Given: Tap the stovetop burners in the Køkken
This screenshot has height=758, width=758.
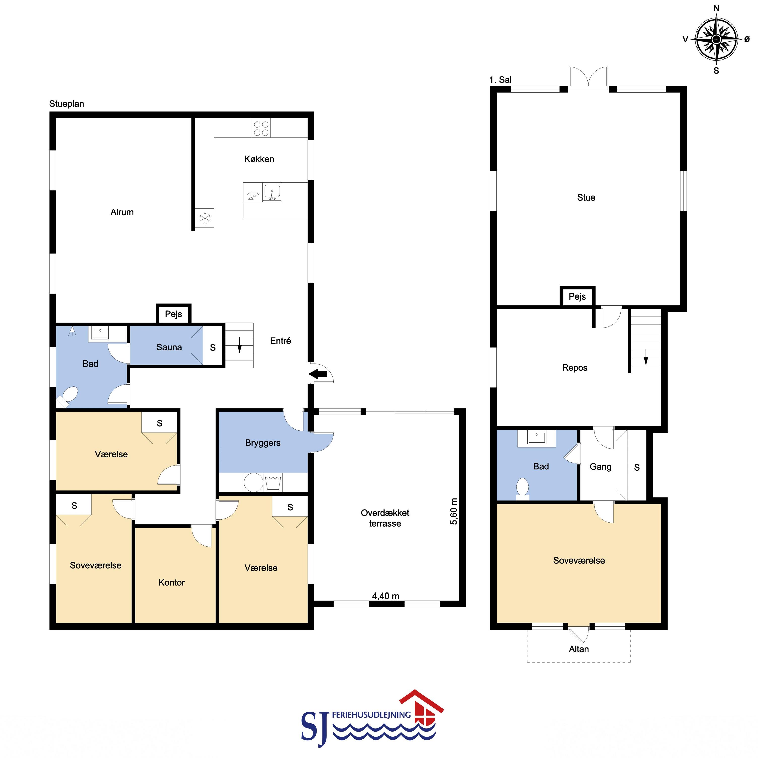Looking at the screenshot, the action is pyautogui.click(x=261, y=128).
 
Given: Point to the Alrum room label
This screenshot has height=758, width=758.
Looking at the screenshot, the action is pyautogui.click(x=122, y=212).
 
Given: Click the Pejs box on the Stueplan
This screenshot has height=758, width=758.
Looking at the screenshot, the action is pyautogui.click(x=173, y=314).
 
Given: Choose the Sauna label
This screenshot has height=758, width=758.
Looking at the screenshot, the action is pyautogui.click(x=169, y=347).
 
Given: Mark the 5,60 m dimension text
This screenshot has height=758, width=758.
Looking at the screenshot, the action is pyautogui.click(x=454, y=511).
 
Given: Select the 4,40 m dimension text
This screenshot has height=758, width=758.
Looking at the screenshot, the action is pyautogui.click(x=386, y=596).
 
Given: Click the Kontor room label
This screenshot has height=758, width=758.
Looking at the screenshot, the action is pyautogui.click(x=172, y=583).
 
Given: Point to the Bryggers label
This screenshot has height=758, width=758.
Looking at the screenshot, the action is pyautogui.click(x=263, y=443).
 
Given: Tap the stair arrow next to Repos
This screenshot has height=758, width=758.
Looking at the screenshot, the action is pyautogui.click(x=646, y=357).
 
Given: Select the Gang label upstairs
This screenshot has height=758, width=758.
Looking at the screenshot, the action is pyautogui.click(x=600, y=467).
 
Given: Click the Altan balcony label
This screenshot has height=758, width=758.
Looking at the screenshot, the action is pyautogui.click(x=579, y=649).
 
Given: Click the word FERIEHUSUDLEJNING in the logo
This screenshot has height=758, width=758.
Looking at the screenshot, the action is pyautogui.click(x=371, y=715).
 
